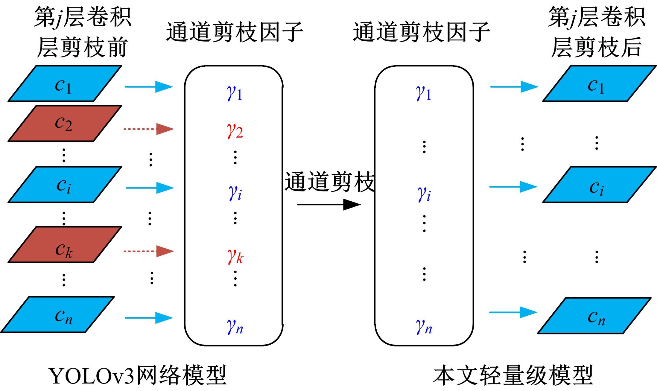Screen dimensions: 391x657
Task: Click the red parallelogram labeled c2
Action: pos(65,123)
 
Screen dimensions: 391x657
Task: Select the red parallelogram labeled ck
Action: pos(65,244)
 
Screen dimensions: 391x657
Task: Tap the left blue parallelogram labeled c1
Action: pos(65,83)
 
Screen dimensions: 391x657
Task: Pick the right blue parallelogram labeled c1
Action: pos(599,83)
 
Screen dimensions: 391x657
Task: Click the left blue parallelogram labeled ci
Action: pos(65,185)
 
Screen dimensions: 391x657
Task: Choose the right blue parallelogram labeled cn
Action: pos(594,315)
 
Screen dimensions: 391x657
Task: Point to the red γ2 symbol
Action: pos(235,131)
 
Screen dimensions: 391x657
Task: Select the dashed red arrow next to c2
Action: pos(148,129)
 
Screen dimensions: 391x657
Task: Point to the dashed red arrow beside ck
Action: pos(148,251)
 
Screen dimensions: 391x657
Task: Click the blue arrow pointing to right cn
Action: pos(513,312)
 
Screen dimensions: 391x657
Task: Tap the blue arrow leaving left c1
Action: pos(149,87)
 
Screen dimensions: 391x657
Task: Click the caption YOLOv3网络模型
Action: pos(138,375)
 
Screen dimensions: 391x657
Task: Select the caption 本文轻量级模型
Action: pos(513,375)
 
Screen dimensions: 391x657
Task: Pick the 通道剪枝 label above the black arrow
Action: pos(329,182)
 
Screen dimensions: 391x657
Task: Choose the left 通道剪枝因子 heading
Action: pos(235,32)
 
